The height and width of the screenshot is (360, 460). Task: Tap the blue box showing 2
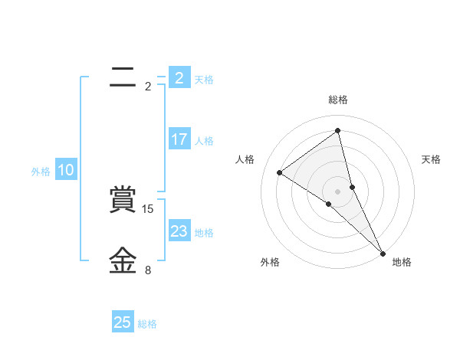tap(179, 78)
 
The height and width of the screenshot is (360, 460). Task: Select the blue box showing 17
tap(179, 139)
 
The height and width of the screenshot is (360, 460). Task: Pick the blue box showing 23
tap(179, 231)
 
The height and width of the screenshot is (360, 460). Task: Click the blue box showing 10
tap(66, 171)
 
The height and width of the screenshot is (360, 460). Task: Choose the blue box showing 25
tap(123, 322)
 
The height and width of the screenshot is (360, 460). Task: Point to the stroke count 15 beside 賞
tap(149, 208)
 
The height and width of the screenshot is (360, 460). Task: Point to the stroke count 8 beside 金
tap(148, 270)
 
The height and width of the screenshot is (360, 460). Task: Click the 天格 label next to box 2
tap(204, 80)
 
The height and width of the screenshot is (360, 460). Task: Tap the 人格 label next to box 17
tap(204, 141)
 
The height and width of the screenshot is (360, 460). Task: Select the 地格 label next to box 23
tap(204, 233)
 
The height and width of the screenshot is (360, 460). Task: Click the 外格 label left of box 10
tap(41, 172)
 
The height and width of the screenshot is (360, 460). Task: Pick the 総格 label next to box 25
tap(147, 324)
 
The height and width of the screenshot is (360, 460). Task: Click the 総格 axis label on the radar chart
tap(338, 100)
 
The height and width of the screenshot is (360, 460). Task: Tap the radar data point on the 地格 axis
tap(383, 253)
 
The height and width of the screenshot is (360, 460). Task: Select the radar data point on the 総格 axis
tap(338, 130)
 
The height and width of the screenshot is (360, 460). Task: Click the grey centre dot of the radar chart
tap(338, 191)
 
